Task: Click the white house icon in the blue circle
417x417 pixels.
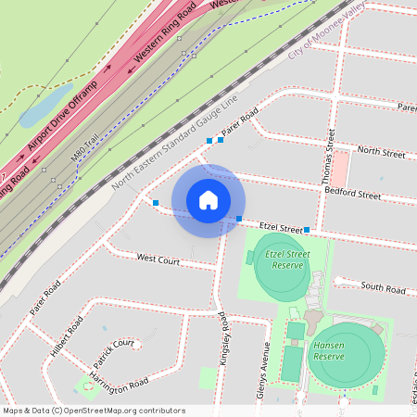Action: [208, 199]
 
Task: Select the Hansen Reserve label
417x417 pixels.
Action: [329, 350]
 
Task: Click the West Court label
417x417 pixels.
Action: [158, 260]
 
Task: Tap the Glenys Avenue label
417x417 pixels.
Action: [263, 371]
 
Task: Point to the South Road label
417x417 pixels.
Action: [383, 289]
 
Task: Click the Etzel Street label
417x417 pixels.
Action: [282, 225]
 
